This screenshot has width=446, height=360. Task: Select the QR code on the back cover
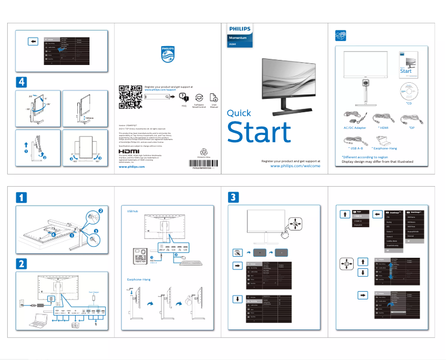tap(131, 97)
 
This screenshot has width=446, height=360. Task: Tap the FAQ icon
tap(184, 97)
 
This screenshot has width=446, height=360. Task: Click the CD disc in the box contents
tap(408, 91)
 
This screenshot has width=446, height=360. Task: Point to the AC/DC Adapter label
tap(353, 128)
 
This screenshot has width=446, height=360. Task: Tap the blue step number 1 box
tap(21, 197)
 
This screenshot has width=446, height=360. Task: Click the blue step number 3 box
tap(234, 197)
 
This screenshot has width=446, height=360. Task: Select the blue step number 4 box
tap(21, 82)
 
